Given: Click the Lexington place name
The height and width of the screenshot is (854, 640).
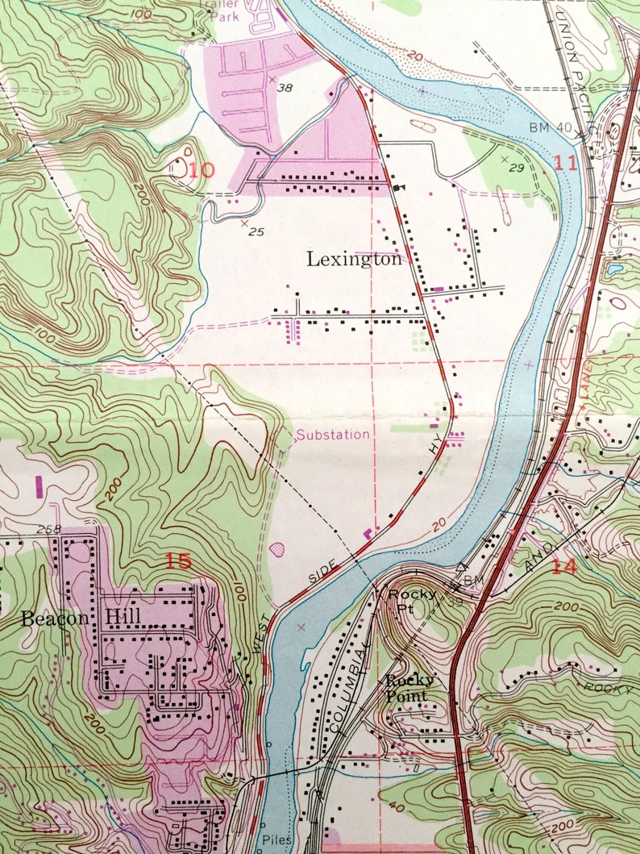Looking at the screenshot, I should click(x=354, y=259).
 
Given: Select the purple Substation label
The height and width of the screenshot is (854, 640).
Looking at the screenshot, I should click(x=333, y=435).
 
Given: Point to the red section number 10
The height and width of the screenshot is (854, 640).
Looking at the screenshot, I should click(x=202, y=170).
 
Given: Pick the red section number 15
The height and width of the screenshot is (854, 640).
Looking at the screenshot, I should click(x=178, y=560).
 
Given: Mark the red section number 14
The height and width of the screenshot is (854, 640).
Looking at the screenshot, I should click(x=564, y=565).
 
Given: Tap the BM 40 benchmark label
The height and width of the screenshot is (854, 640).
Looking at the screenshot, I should click(x=551, y=127).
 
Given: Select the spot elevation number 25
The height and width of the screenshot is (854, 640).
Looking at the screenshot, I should click(x=257, y=232).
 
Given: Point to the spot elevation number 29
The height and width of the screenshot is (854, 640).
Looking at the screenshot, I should click(x=518, y=168).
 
